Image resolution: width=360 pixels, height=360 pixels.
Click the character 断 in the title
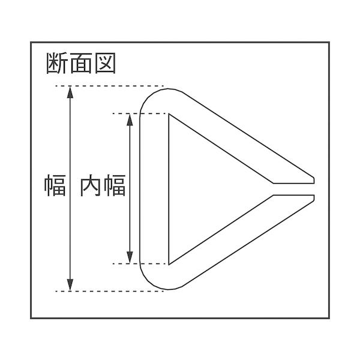[56, 62]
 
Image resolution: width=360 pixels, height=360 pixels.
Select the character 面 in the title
[80, 62]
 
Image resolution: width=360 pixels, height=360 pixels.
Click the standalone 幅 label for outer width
[55, 186]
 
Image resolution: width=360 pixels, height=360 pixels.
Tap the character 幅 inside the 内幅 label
[115, 186]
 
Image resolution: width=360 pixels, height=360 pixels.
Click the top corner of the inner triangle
[170, 115]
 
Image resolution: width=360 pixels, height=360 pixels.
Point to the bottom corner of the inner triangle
[170, 263]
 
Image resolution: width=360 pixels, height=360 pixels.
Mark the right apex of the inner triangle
[271, 188]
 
